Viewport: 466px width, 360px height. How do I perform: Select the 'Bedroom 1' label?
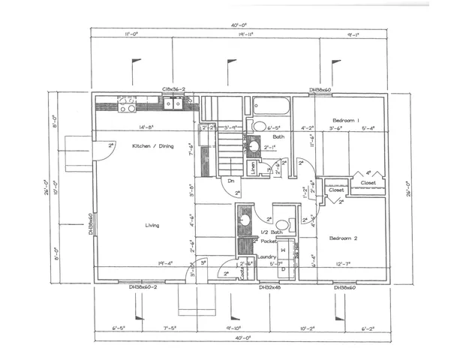pos(347,120)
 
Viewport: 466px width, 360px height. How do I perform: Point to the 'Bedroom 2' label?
pos(344,238)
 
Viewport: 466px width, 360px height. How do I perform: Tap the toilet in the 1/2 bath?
pos(283,223)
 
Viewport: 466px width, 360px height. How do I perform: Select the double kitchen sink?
pos(174,104)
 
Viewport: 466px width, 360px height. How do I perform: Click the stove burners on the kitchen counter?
pos(128,104)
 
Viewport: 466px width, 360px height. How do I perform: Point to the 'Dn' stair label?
pos(231,180)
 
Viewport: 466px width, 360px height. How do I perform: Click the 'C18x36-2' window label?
pos(173,89)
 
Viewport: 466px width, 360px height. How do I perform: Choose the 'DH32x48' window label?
pos(269,287)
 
